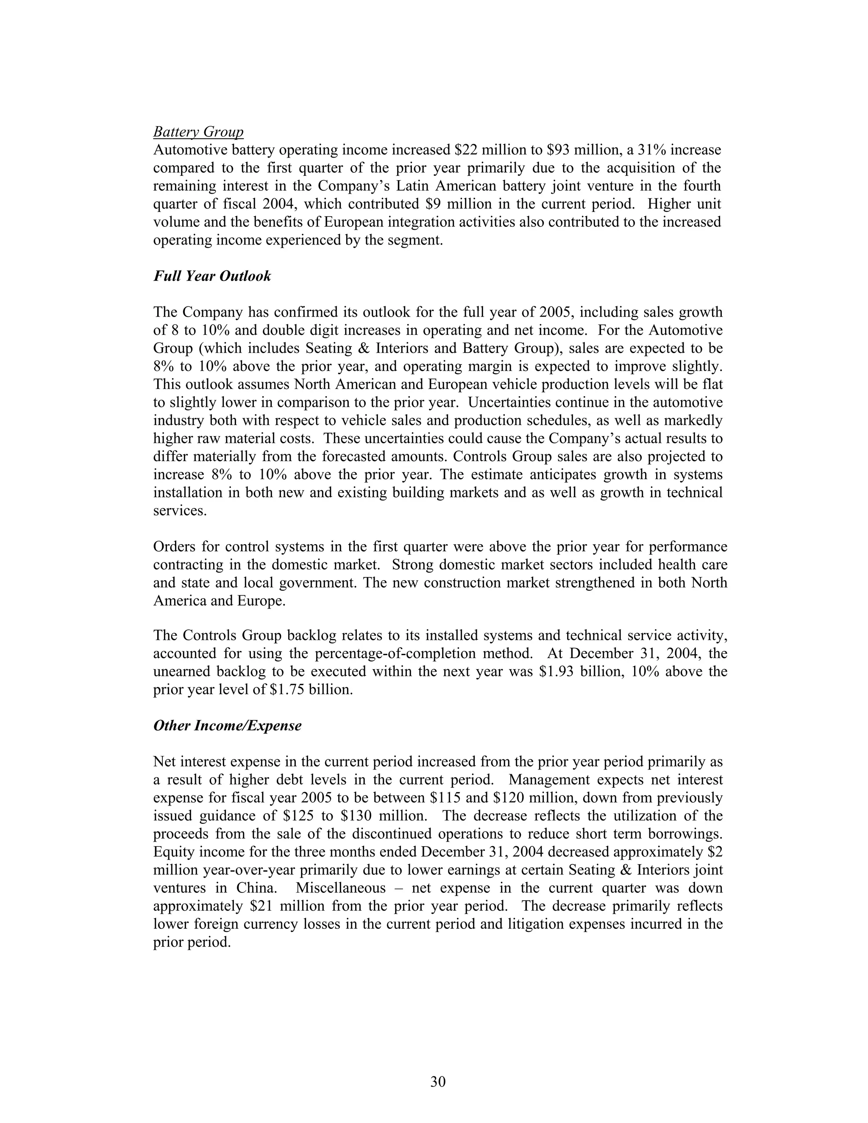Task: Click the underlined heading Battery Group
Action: coord(198,132)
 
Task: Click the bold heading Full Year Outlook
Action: coord(212,276)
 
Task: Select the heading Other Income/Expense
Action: coord(227,726)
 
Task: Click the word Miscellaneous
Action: coord(340,888)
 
